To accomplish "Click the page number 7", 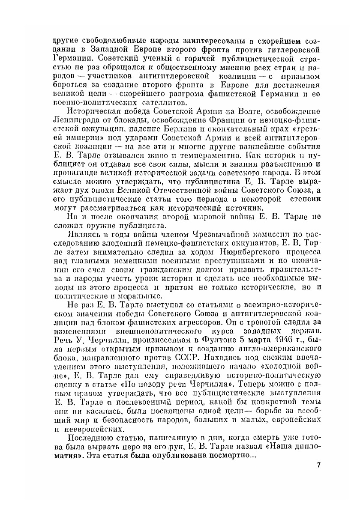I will (318, 465).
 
